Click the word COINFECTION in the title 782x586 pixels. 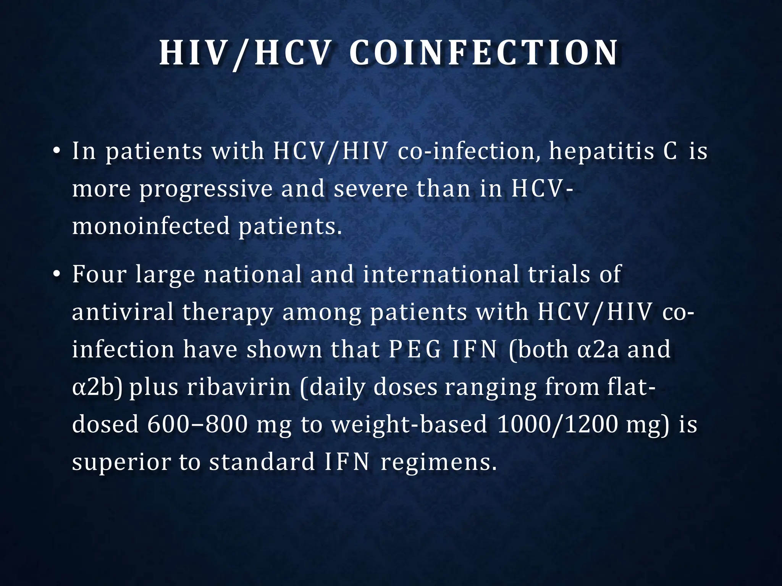coord(483,53)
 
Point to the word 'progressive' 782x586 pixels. coord(206,189)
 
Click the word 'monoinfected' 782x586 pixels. coord(151,226)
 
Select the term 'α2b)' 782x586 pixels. coord(97,387)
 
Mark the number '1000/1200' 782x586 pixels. coord(557,424)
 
